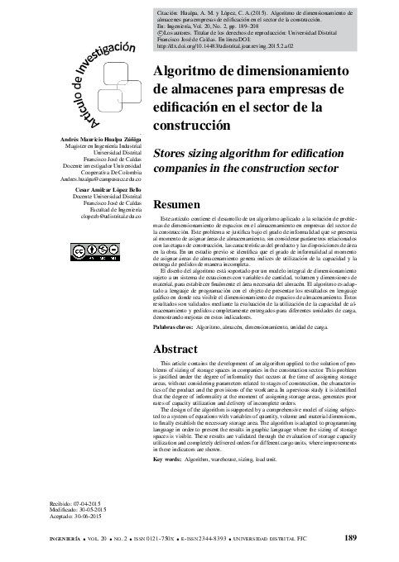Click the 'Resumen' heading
click(x=177, y=205)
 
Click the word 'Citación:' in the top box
click(x=171, y=14)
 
